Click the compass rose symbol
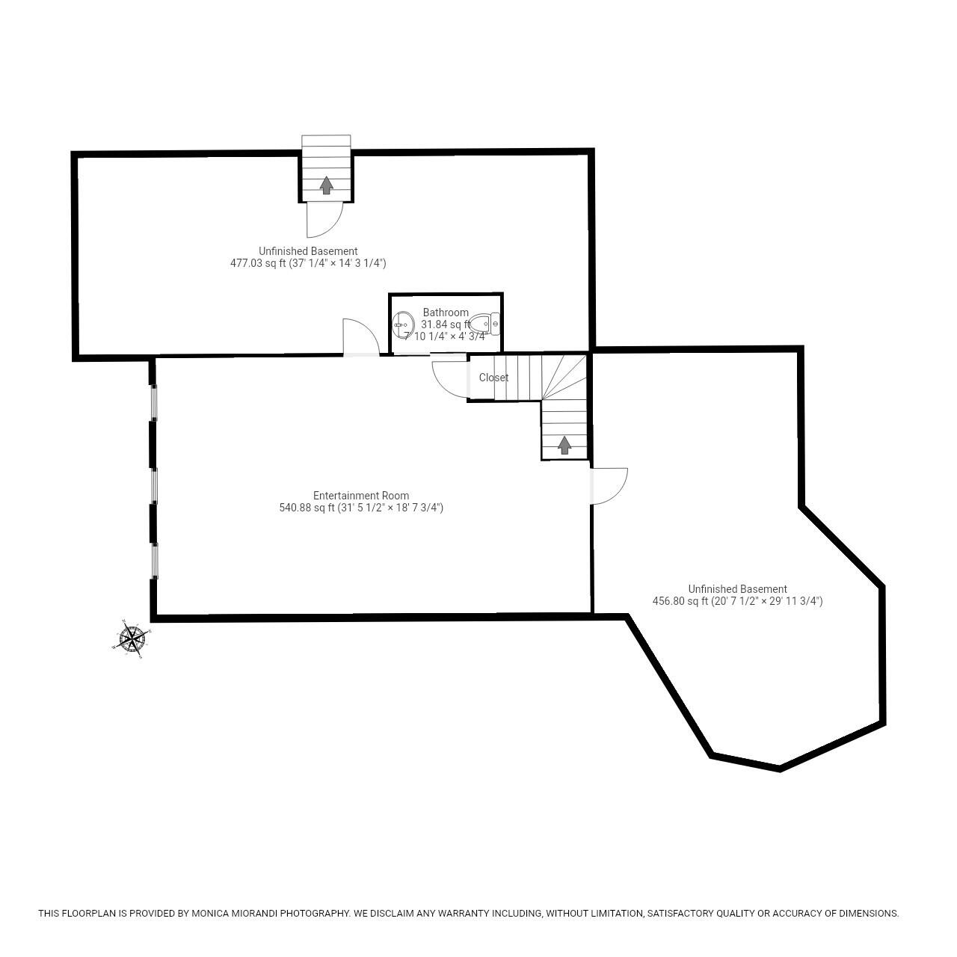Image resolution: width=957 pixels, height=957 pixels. click(x=131, y=638)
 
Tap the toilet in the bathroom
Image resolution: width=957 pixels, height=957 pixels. click(x=484, y=324)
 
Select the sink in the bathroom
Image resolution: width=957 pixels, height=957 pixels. click(x=403, y=324)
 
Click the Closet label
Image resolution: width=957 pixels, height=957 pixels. click(x=493, y=378)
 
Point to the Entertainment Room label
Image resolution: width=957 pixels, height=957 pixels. click(x=361, y=495)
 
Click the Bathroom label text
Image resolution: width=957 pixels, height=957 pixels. click(x=446, y=313)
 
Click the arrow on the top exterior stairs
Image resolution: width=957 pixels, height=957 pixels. click(x=326, y=185)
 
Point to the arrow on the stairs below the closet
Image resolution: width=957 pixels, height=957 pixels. click(x=564, y=445)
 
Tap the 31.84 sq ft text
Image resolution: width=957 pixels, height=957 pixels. click(x=446, y=324)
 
